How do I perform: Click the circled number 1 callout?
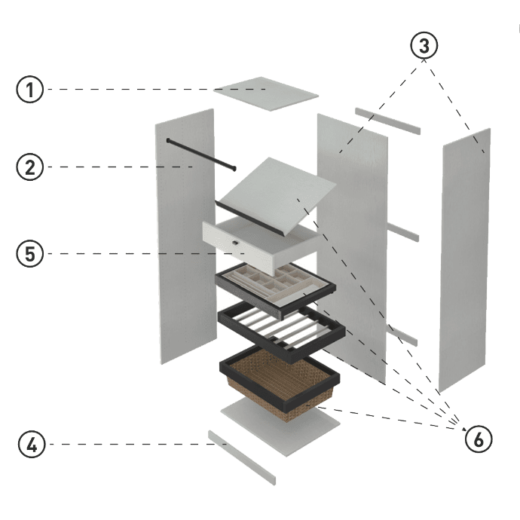29,90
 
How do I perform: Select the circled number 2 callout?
29,167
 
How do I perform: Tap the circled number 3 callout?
424,46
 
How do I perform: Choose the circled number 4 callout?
29,445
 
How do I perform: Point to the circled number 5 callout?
29,254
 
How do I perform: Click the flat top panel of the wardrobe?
266,93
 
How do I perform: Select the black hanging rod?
200,153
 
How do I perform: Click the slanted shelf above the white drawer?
275,188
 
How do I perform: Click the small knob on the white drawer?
236,243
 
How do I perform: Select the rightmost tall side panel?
465,260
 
